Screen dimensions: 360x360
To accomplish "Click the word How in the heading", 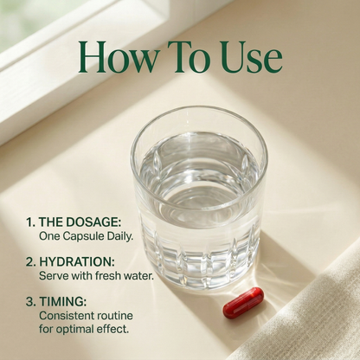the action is coord(118,57).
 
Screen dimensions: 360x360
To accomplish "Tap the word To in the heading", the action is coord(189,57).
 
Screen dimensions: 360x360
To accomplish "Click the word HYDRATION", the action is coord(77,262).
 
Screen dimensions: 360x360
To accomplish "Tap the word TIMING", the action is coord(63,302).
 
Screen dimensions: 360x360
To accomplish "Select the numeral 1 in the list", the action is coord(30,222).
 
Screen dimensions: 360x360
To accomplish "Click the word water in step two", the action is coord(138,276).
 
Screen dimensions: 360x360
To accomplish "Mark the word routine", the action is coord(115,316).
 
